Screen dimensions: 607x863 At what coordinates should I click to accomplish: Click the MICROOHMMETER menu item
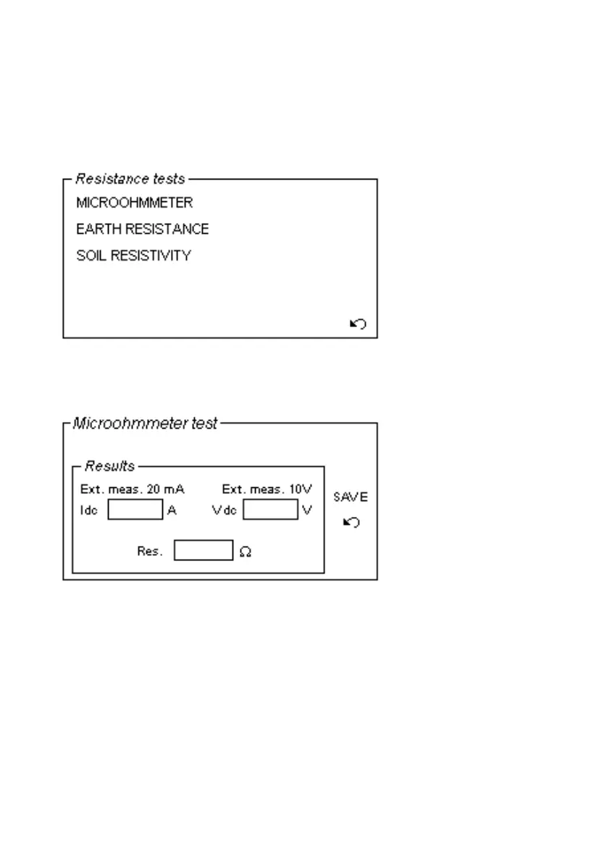click(135, 203)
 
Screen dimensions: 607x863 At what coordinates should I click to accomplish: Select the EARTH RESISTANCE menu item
click(143, 230)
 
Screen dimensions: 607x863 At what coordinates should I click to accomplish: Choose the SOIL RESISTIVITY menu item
click(134, 256)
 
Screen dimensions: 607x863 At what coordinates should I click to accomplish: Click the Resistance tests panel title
click(130, 179)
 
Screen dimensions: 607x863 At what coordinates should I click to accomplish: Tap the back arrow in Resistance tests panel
click(358, 324)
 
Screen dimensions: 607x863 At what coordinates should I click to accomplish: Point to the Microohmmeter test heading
click(145, 424)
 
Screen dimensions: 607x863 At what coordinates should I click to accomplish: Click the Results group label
click(110, 466)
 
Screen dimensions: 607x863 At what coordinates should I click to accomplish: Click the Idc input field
click(135, 510)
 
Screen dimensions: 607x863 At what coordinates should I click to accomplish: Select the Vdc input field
click(270, 510)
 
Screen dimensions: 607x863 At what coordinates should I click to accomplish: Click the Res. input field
click(204, 551)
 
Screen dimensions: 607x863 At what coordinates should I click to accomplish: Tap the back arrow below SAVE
click(351, 522)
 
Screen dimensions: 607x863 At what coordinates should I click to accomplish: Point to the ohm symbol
click(246, 552)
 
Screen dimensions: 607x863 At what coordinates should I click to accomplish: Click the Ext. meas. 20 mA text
click(133, 489)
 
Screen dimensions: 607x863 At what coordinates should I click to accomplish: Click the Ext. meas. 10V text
click(267, 489)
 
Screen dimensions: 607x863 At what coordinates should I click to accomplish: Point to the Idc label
click(88, 510)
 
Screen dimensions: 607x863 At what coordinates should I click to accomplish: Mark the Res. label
click(150, 552)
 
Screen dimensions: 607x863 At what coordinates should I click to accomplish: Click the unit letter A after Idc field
click(172, 510)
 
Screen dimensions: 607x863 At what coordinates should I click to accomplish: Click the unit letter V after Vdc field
click(307, 510)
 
